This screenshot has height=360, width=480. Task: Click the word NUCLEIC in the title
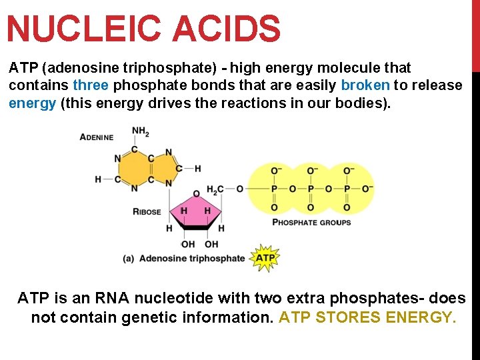84,29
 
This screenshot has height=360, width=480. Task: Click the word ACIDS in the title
226,29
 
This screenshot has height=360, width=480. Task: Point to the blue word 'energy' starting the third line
32,103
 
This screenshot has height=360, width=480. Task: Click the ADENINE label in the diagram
97,137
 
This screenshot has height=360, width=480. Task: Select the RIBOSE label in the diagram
147,212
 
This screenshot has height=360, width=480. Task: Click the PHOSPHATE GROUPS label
311,222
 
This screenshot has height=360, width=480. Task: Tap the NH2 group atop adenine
141,132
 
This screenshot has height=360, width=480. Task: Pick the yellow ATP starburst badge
265,257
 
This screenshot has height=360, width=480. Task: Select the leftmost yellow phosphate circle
274,189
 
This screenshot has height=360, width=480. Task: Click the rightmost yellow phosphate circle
347,189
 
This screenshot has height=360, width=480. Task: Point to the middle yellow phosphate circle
311,189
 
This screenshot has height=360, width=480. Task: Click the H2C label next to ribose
216,189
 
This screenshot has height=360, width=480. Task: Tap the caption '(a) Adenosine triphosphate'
184,258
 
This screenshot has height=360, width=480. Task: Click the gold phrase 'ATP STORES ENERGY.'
368,317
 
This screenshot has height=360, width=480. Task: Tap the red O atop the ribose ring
196,194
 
